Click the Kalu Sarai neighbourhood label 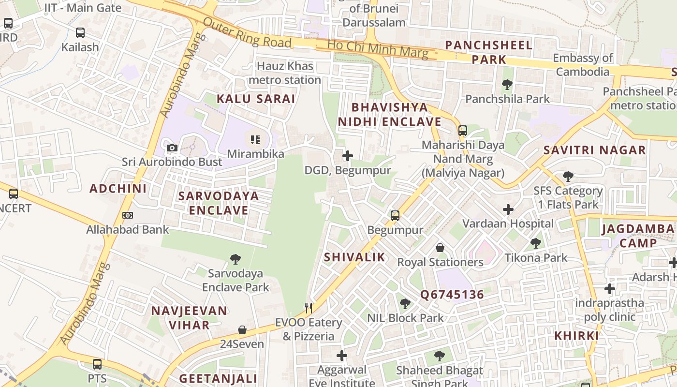click(x=255, y=99)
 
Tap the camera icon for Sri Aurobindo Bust click(x=172, y=148)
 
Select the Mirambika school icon click(x=255, y=140)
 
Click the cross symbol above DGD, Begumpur click(x=347, y=156)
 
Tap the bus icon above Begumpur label click(x=395, y=216)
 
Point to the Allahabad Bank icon click(x=128, y=215)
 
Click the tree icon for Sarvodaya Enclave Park click(x=235, y=259)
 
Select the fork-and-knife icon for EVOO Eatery click(x=309, y=308)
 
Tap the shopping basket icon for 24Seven click(x=242, y=330)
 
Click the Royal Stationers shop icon click(x=440, y=248)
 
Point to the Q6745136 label click(x=452, y=295)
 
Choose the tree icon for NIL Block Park click(x=405, y=304)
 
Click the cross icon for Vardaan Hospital click(x=508, y=209)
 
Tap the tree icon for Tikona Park click(x=536, y=243)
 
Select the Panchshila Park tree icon click(x=507, y=85)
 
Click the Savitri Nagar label click(x=594, y=150)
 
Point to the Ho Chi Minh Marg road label click(x=377, y=49)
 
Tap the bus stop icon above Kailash click(x=80, y=33)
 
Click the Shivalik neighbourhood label click(x=354, y=257)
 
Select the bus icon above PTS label click(x=97, y=364)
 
